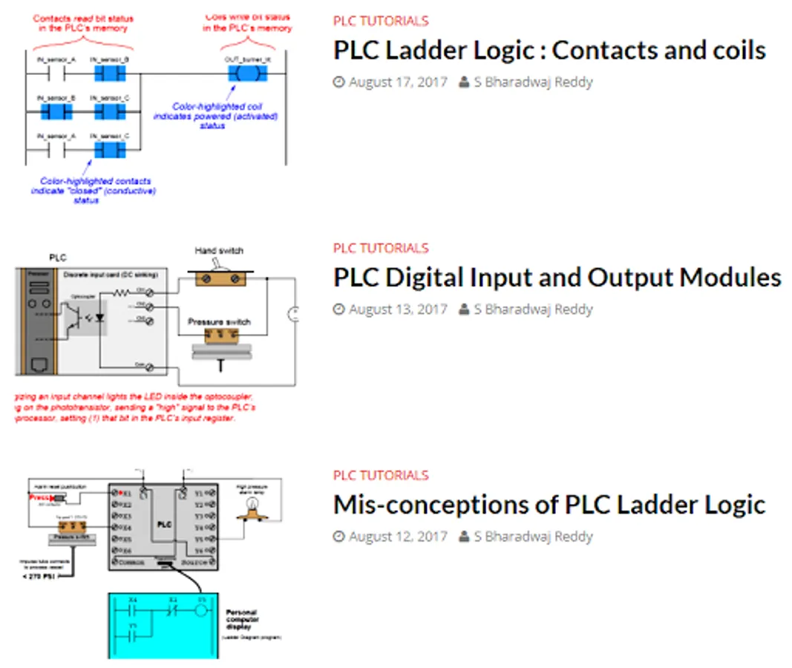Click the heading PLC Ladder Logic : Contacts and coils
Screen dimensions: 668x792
tap(549, 50)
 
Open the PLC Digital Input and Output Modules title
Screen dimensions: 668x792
tap(557, 278)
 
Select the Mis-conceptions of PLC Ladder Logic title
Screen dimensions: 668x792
tap(549, 505)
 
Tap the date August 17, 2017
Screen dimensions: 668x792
tap(398, 82)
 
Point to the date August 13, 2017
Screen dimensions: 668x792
tap(398, 309)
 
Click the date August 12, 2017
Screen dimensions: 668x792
tap(398, 536)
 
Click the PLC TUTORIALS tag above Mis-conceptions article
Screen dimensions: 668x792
tap(381, 475)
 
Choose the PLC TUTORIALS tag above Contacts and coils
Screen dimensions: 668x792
tap(381, 21)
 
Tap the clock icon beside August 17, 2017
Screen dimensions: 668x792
tap(339, 82)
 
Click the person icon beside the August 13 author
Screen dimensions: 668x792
tap(464, 309)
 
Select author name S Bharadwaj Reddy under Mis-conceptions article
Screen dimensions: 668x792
tap(533, 536)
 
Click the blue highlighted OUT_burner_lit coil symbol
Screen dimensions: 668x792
tap(243, 73)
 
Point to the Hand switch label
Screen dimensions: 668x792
tap(219, 251)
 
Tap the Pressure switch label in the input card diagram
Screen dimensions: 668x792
tap(219, 322)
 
